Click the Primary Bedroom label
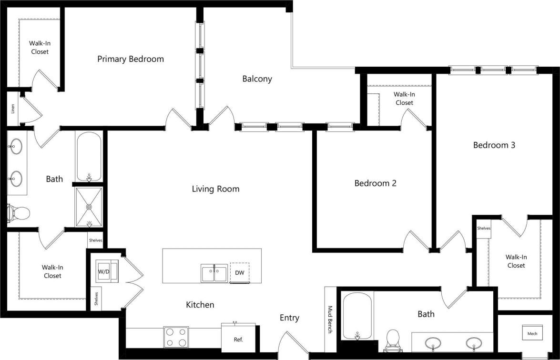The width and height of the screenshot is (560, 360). tap(131, 59)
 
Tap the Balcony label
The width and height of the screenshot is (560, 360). tap(257, 79)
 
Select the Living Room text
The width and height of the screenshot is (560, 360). tap(215, 189)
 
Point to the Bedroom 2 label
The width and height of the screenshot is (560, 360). tap(375, 183)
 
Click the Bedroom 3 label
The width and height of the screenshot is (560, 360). tap(494, 145)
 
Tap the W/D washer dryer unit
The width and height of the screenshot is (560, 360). tap(104, 271)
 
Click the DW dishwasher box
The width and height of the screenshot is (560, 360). tap(239, 273)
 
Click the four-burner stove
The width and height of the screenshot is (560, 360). tap(176, 337)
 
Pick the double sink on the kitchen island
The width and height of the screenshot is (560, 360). tap(214, 274)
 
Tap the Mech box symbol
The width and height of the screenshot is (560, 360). tap(532, 333)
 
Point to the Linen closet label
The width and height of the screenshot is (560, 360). tap(13, 109)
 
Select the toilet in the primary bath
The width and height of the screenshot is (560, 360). tap(19, 213)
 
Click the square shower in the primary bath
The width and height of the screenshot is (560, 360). tap(89, 207)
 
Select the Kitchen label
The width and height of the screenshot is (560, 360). tap(200, 305)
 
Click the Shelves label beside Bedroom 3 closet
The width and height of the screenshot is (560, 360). tap(484, 229)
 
